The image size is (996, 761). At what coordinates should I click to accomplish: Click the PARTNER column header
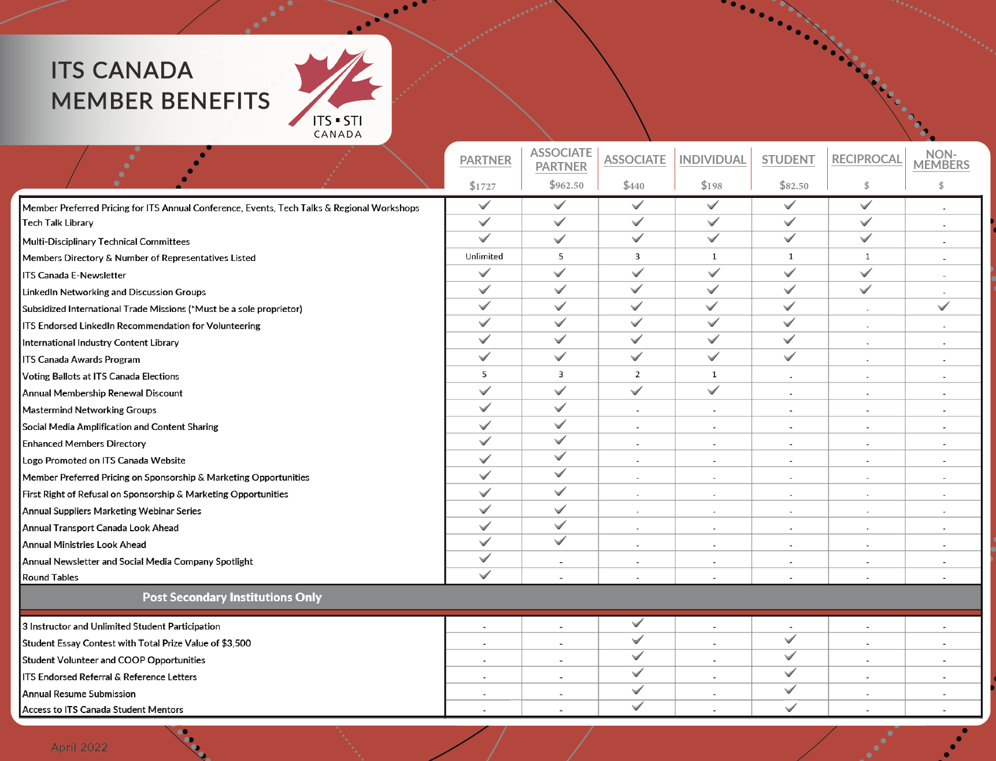(x=485, y=160)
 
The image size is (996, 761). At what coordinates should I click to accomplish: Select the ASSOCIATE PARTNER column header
(x=561, y=160)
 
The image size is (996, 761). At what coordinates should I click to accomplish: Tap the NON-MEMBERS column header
(x=941, y=160)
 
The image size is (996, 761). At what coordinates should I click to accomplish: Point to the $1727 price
(x=483, y=186)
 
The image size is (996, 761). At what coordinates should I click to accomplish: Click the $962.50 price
(x=567, y=185)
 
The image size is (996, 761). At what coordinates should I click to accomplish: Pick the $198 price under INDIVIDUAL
(x=712, y=185)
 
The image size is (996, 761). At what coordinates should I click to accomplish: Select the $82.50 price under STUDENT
(x=794, y=185)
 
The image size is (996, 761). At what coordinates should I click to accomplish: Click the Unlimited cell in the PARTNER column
(x=484, y=256)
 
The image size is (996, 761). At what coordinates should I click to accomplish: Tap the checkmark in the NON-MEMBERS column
(x=943, y=306)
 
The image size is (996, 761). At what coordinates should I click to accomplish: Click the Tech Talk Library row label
(x=58, y=223)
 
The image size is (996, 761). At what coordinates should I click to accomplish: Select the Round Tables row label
(x=50, y=578)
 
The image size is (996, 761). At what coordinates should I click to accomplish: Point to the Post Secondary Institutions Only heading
(x=232, y=597)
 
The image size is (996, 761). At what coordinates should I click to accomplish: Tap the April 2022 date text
(x=79, y=747)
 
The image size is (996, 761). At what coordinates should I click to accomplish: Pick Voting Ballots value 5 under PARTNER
(x=484, y=374)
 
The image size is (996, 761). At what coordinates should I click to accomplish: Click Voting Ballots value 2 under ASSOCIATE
(x=638, y=374)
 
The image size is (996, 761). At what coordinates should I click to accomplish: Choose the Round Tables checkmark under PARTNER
(x=485, y=575)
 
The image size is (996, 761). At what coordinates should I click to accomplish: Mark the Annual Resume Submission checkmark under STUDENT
(x=790, y=689)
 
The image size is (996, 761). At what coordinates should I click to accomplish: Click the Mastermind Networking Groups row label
(x=90, y=410)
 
